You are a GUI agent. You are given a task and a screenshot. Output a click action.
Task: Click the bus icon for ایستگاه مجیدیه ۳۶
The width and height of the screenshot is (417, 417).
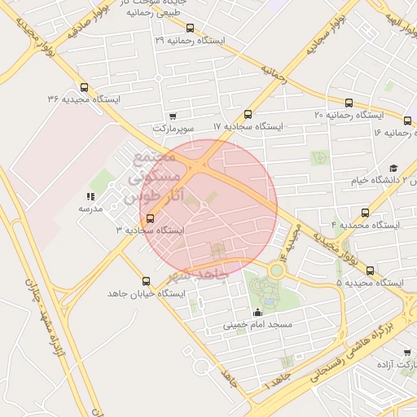click(x=85, y=88)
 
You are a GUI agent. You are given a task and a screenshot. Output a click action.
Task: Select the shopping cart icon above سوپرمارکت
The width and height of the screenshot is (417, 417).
click(x=173, y=116)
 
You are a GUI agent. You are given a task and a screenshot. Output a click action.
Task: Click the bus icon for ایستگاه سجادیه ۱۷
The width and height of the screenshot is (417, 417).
click(x=248, y=115)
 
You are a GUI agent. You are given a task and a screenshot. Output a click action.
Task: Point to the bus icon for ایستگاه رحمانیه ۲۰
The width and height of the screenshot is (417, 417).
click(x=349, y=103)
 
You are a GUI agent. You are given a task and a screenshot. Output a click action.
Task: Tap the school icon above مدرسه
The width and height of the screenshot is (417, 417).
click(x=90, y=196)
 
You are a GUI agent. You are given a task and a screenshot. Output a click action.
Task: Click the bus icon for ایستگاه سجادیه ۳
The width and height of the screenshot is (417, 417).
click(x=150, y=218)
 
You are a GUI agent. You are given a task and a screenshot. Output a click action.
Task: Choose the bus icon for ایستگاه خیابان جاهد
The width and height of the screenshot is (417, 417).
click(x=147, y=281)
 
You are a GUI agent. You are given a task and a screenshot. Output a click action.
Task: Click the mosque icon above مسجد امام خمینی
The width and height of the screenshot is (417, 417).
click(x=258, y=312)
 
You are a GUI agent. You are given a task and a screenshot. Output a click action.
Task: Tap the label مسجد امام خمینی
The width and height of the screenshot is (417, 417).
click(x=257, y=325)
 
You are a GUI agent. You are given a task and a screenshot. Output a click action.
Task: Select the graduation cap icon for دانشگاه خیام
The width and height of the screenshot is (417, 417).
click(x=393, y=168)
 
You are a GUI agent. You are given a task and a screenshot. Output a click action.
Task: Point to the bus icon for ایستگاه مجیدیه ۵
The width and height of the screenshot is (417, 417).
click(x=371, y=270)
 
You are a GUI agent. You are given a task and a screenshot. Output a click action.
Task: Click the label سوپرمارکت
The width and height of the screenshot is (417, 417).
click(x=173, y=129)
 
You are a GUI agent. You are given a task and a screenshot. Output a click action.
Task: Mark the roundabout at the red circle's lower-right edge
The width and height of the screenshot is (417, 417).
click(x=277, y=269)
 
